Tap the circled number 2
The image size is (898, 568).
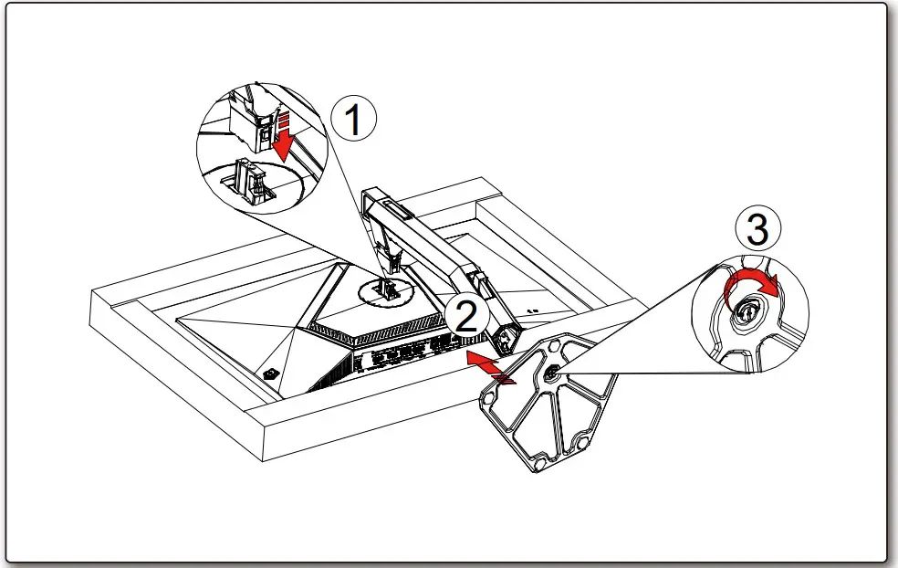pyautogui.click(x=466, y=316)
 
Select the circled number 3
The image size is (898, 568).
pyautogui.click(x=757, y=229)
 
